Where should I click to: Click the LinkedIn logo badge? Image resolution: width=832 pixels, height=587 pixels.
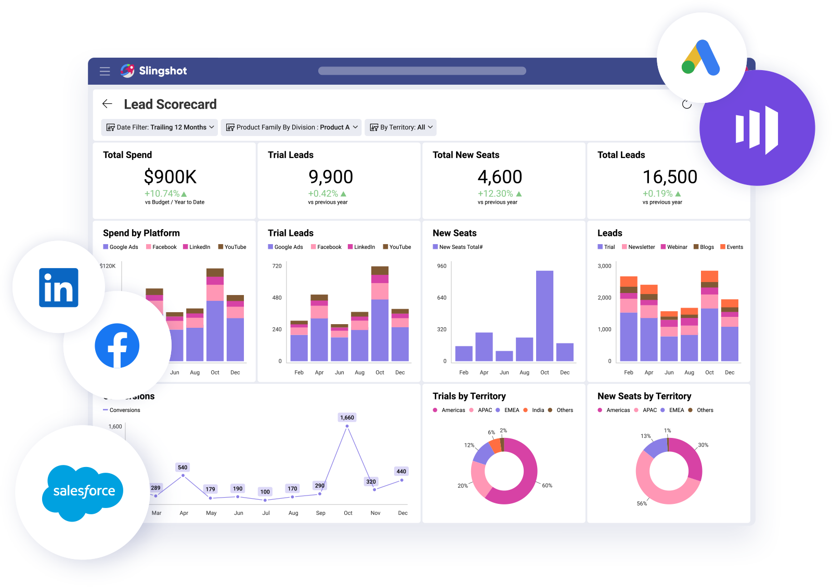click(x=59, y=287)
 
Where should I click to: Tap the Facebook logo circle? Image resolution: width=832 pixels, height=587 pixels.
click(x=117, y=345)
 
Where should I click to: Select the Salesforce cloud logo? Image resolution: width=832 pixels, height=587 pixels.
click(x=83, y=491)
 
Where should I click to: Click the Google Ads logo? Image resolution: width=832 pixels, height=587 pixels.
click(x=701, y=58)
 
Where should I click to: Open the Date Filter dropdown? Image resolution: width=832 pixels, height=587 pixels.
click(x=160, y=127)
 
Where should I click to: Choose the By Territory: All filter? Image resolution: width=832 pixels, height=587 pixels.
click(x=400, y=127)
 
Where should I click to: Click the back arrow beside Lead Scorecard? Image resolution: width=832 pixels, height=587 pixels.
click(x=107, y=104)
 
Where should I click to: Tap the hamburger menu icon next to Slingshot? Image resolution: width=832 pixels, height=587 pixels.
click(x=105, y=71)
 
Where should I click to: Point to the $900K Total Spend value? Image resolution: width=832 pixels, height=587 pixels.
click(x=170, y=177)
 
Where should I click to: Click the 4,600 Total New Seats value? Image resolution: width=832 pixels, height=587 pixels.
click(x=500, y=177)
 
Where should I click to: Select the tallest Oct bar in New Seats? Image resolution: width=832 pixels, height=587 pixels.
click(x=544, y=315)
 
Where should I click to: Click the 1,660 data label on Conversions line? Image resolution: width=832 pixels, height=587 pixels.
click(x=347, y=418)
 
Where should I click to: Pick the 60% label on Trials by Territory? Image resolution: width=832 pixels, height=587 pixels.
click(x=547, y=486)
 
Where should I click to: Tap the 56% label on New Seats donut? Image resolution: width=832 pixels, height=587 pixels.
click(x=642, y=503)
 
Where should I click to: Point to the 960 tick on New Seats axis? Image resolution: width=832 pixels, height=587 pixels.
click(x=441, y=266)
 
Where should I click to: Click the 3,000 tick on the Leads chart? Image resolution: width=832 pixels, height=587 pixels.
click(x=604, y=266)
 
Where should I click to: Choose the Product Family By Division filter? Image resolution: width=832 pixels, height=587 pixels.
click(x=291, y=127)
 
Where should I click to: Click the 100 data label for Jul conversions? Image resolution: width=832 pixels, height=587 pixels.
click(x=265, y=492)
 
